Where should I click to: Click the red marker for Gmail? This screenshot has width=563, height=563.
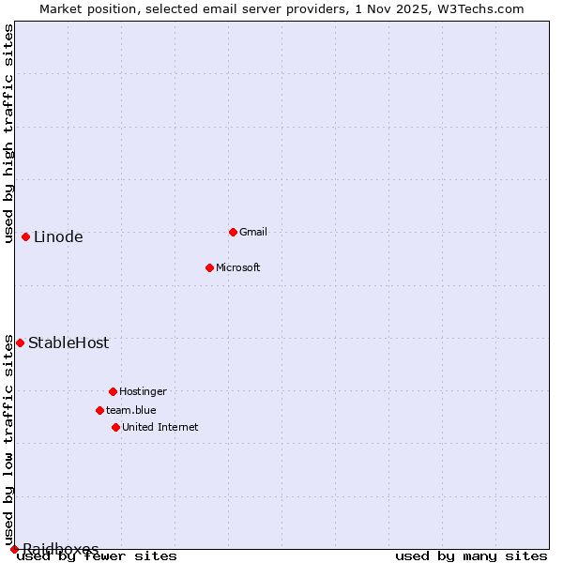(x=233, y=232)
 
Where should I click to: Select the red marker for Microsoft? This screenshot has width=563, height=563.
(x=210, y=267)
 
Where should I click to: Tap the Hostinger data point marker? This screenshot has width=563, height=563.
(x=113, y=391)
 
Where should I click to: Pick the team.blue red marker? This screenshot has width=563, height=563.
(x=99, y=410)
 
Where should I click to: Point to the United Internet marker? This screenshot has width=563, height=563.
(x=115, y=427)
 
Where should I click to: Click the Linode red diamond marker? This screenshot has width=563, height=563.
(x=25, y=236)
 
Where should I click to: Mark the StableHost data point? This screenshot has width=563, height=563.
(x=20, y=342)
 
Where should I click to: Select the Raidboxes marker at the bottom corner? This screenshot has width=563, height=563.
(x=14, y=549)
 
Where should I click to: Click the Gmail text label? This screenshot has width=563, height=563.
(x=253, y=232)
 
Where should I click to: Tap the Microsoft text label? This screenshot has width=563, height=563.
(x=237, y=267)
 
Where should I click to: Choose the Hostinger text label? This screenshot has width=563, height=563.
(x=143, y=391)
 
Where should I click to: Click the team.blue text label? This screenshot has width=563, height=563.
(x=130, y=410)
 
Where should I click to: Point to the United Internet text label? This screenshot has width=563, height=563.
(x=160, y=427)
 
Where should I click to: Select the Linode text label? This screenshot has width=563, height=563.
(x=58, y=236)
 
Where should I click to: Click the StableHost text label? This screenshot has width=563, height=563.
(x=68, y=342)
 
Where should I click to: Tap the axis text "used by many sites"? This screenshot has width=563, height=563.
(x=471, y=555)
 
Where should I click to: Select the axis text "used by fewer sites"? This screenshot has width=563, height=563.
(x=97, y=555)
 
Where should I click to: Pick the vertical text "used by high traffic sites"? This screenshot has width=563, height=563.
(x=8, y=133)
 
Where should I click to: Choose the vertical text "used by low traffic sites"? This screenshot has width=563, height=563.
(x=8, y=439)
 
